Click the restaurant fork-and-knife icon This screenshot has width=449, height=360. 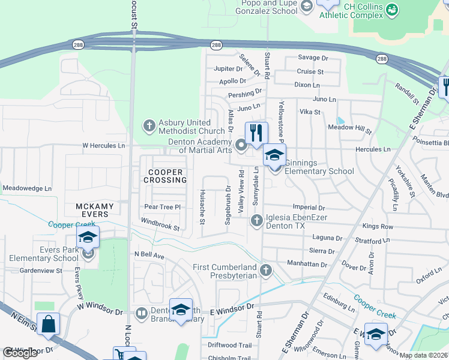(x=256, y=134)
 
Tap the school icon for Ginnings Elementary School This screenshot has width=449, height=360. (x=274, y=155)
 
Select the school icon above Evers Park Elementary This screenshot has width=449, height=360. (x=88, y=238)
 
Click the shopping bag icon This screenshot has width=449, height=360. (x=49, y=324)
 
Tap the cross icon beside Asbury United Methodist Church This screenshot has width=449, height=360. (x=149, y=126)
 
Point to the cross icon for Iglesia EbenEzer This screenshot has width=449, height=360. (x=256, y=221)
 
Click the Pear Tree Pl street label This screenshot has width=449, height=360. (x=162, y=207)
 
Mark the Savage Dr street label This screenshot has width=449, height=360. (x=313, y=58)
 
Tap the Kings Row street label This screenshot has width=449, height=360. (x=378, y=226)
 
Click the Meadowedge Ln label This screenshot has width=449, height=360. (x=28, y=188)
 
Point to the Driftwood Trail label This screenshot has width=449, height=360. (x=229, y=345)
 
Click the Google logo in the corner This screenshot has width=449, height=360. (x=20, y=353)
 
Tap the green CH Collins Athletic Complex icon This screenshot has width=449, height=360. (x=392, y=9)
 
